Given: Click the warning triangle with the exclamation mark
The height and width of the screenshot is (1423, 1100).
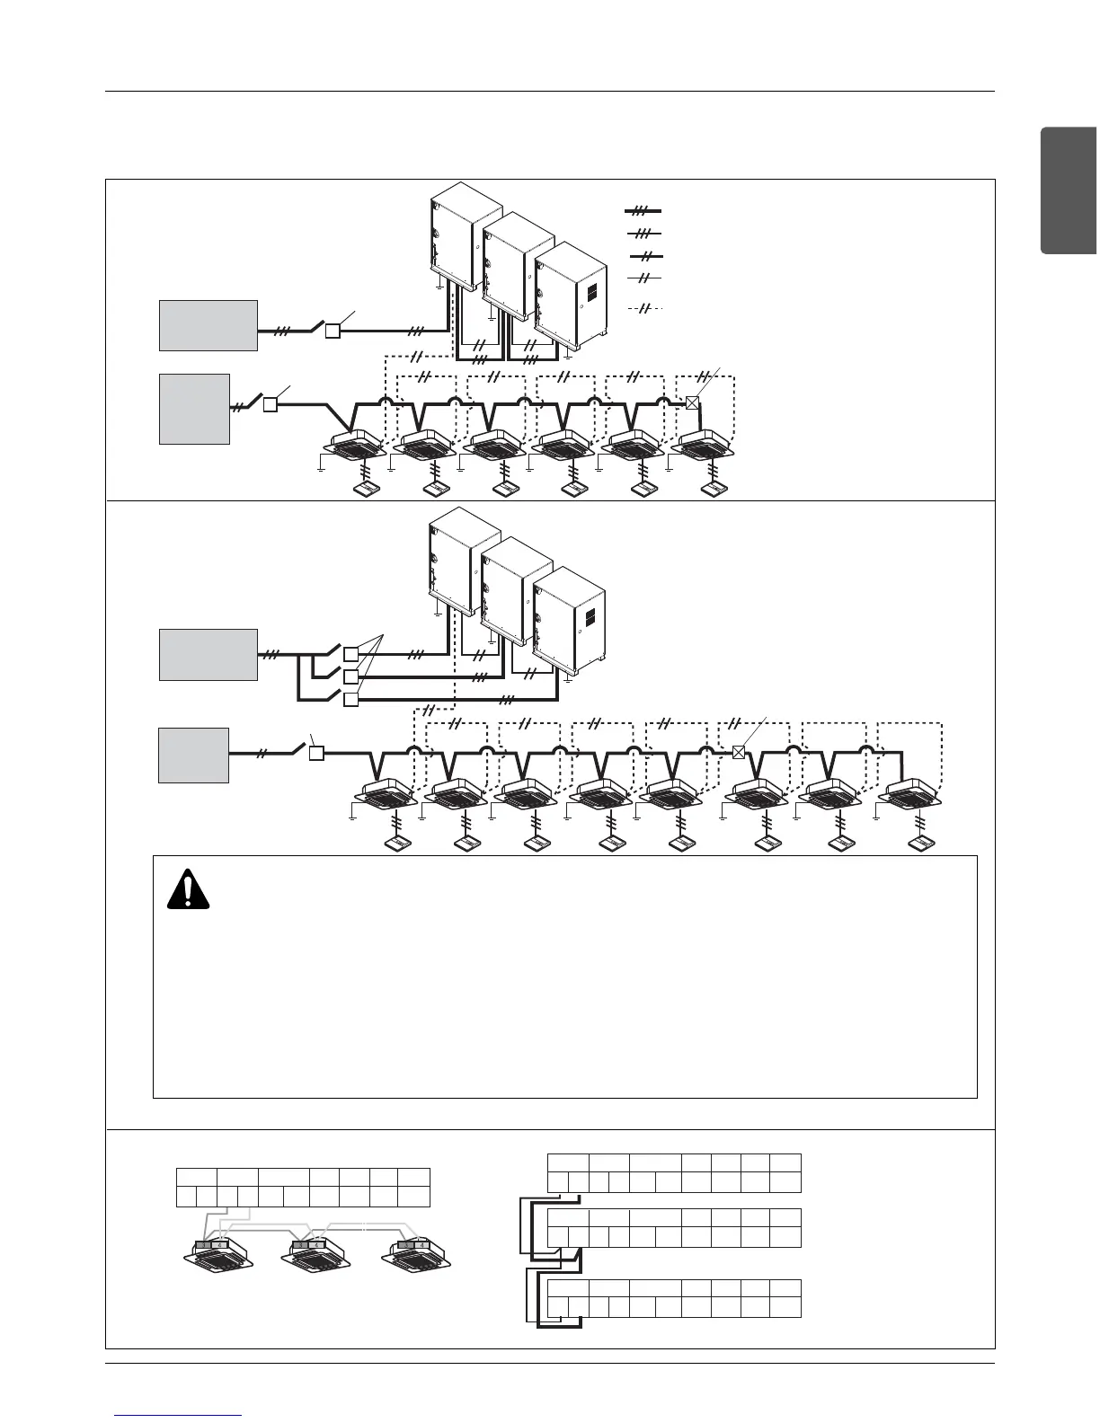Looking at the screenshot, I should (x=188, y=890).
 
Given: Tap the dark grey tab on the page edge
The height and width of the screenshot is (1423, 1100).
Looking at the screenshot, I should (x=1069, y=191).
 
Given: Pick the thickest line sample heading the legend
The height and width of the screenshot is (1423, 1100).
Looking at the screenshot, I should (x=643, y=210).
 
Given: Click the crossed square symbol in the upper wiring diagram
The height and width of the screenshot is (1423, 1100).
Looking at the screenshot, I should (x=693, y=402).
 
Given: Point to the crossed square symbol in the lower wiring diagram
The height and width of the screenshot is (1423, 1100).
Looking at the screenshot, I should (x=739, y=752).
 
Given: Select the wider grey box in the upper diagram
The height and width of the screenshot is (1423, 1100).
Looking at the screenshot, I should (x=208, y=325).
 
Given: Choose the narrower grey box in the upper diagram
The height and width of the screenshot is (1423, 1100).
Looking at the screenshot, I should (x=194, y=409).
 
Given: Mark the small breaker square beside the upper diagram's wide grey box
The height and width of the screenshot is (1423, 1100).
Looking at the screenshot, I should (x=332, y=331).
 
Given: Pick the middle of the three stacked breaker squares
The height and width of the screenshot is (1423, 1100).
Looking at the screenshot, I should (x=351, y=676).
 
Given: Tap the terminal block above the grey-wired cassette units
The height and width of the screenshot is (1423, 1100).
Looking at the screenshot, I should (x=303, y=1188).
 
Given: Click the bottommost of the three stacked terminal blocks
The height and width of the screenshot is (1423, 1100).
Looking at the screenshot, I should (x=674, y=1298).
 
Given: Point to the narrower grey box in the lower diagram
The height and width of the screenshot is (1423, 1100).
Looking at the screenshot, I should (x=193, y=756).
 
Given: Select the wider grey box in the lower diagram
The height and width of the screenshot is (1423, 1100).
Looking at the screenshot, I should (x=208, y=655).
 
